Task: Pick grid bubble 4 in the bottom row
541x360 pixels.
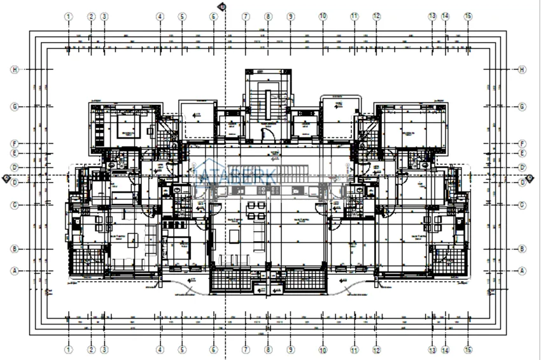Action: point(160,349)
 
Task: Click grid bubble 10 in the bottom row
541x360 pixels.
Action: point(323,349)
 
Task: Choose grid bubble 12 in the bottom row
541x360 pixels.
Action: point(377,349)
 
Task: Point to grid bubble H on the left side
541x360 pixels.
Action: point(15,69)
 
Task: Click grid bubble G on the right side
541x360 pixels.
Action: point(522,107)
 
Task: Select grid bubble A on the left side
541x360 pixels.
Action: point(15,270)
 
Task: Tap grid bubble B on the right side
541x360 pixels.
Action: point(522,249)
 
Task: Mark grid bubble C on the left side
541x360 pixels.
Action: point(15,205)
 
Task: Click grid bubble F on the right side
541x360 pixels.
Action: point(522,144)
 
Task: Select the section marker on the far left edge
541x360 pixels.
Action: point(6,178)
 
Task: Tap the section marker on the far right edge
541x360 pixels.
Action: point(535,178)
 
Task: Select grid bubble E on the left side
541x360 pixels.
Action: point(15,153)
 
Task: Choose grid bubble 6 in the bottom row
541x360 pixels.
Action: point(214,349)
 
